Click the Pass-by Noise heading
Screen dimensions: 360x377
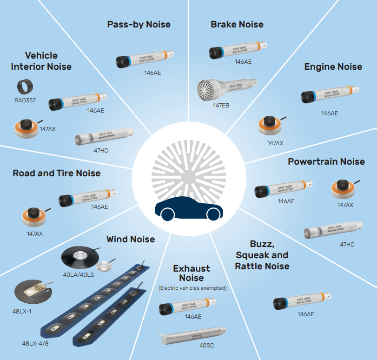139,24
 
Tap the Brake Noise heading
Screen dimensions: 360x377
237,24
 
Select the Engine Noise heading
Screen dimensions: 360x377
333,67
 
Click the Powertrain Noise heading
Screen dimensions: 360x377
326,161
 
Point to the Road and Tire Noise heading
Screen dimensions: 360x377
56,173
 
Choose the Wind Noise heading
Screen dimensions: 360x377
130,240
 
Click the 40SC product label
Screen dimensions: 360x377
206,346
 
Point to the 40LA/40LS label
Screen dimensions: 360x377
79,275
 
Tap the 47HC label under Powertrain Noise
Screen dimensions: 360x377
347,244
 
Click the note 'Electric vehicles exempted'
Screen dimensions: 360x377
192,288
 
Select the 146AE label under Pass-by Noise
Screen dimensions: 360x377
152,73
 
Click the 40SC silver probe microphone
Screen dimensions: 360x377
192,335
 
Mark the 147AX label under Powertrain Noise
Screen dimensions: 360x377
345,205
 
